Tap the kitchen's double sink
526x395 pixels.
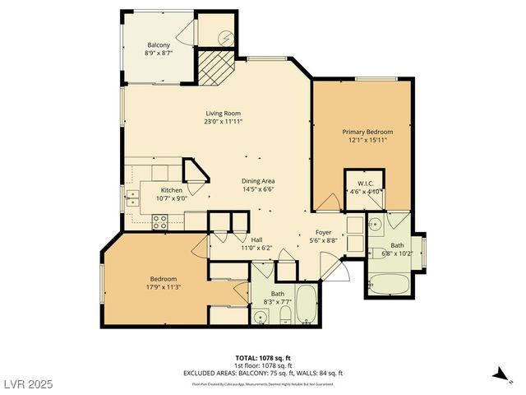(x=131, y=197)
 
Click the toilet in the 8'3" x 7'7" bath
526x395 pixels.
(x=261, y=272)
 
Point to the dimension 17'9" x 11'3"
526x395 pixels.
(x=163, y=288)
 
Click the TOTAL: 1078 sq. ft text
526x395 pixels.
(x=263, y=358)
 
